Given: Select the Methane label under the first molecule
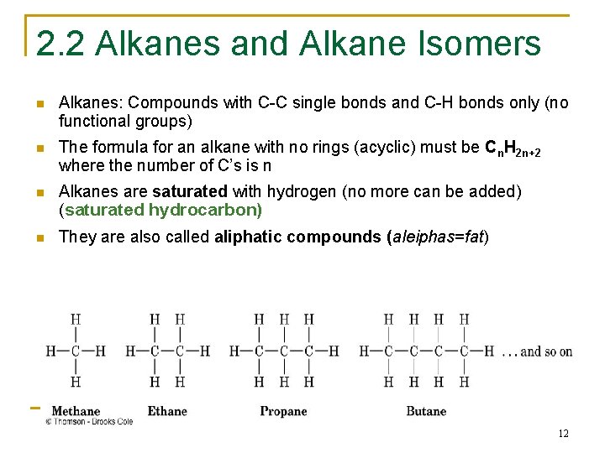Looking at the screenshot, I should click(x=76, y=411).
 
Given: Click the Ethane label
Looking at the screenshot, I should click(x=167, y=411).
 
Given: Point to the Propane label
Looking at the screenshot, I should click(x=283, y=411).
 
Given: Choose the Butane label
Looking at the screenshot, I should click(x=426, y=411).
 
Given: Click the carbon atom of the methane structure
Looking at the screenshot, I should click(x=76, y=351).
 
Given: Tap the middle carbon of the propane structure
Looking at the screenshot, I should click(x=284, y=351).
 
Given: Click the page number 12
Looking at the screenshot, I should click(x=563, y=434).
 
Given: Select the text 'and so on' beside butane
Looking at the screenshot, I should click(x=546, y=351).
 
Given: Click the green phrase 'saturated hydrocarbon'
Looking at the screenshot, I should click(x=163, y=210).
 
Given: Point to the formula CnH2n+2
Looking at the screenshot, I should click(x=519, y=149).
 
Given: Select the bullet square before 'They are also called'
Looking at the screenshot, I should click(x=39, y=237).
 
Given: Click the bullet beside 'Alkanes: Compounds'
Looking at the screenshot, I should click(x=39, y=104).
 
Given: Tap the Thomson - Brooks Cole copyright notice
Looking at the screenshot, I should click(x=89, y=422).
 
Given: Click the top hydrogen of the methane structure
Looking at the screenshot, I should click(x=76, y=320).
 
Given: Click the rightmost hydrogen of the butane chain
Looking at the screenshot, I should click(x=489, y=351).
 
